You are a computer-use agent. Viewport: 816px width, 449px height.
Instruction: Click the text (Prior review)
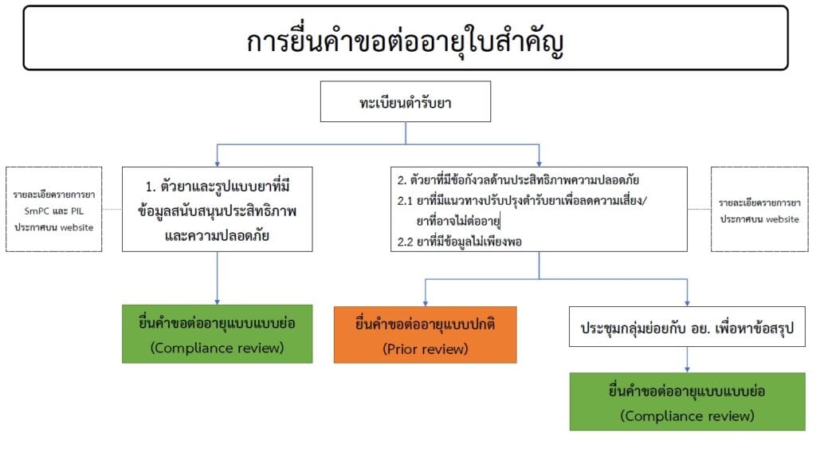(425, 349)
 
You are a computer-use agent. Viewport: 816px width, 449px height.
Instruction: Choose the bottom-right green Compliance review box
(687, 402)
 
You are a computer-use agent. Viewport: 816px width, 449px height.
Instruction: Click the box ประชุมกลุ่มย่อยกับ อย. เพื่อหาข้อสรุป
(687, 327)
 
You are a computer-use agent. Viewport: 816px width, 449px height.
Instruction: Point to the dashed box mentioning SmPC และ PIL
(53, 209)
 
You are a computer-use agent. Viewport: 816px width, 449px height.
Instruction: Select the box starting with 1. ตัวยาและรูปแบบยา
(217, 209)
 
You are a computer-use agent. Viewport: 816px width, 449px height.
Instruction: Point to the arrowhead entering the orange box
(425, 303)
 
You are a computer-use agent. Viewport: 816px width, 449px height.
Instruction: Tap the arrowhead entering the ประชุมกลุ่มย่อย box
(687, 303)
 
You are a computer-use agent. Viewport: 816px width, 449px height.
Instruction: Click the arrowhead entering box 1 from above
(217, 163)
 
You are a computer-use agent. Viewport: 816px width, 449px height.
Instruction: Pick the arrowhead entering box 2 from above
(539, 163)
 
